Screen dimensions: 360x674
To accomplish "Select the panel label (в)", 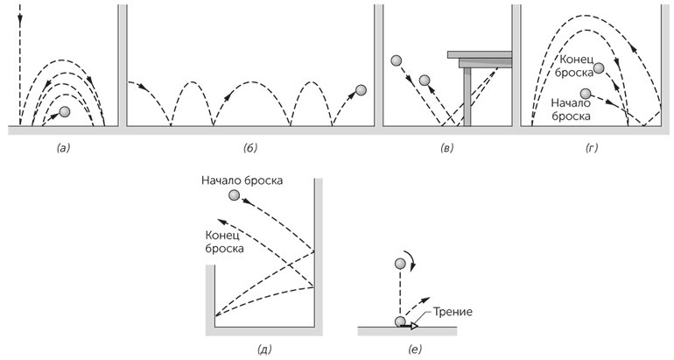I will coord(447,149).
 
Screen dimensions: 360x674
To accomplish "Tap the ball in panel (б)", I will coord(362,89).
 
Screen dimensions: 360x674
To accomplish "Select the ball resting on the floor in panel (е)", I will coord(401,322).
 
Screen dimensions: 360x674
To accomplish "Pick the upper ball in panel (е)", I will coord(400,264).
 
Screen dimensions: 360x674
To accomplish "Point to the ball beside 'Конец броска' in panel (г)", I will coord(599,68).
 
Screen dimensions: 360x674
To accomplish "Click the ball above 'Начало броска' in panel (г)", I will coord(586,91).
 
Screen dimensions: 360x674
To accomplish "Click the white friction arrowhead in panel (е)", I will coord(414,326).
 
